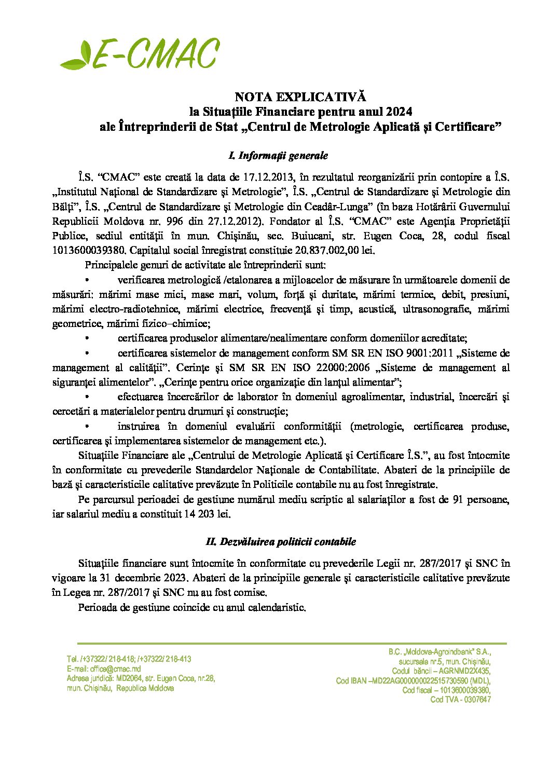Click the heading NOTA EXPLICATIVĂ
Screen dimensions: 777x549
300,97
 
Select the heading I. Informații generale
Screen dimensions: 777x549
278,156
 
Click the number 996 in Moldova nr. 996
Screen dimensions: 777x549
163,221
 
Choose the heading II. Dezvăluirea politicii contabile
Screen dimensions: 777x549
281,542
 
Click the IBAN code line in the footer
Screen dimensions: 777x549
413,681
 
